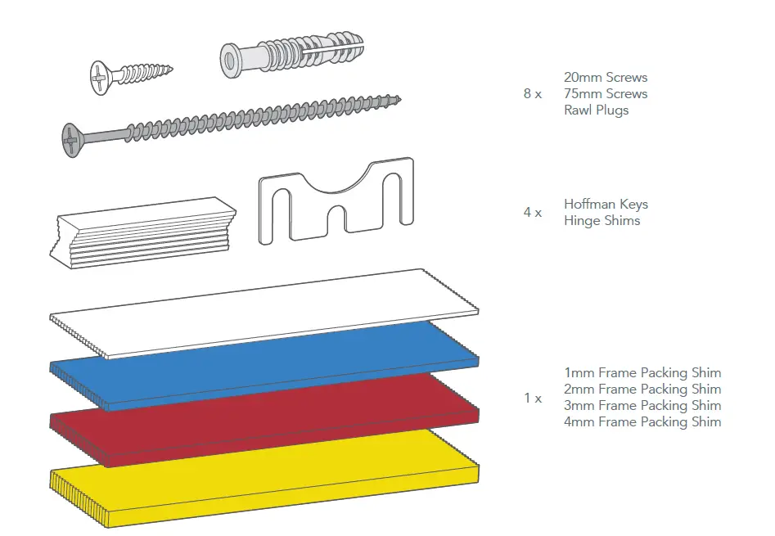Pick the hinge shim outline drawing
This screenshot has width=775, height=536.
336,205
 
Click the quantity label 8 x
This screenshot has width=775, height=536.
532,94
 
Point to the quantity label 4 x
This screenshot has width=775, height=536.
532,213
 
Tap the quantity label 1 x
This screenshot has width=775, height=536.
532,399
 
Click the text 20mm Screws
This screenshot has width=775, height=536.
605,78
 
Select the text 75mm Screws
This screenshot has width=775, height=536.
605,94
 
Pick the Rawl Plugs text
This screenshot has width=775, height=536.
596,110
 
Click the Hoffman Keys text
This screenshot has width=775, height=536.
605,205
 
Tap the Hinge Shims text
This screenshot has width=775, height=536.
602,221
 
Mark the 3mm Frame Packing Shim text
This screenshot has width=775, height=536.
642,406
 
